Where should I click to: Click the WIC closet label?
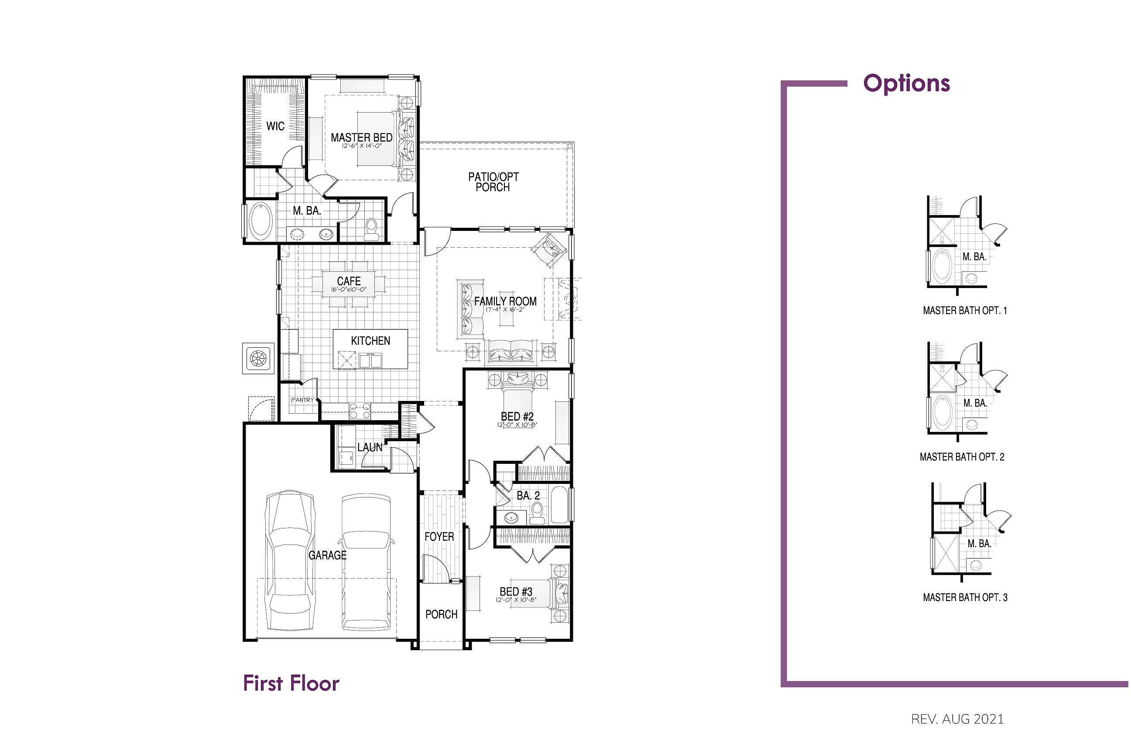[275, 127]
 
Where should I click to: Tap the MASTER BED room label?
[362, 137]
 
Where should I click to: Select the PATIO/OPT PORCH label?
[494, 182]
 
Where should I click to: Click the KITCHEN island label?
[370, 341]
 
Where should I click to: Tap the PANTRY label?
[302, 400]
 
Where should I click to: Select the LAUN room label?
[370, 447]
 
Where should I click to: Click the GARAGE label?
[327, 555]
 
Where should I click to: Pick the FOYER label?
[439, 537]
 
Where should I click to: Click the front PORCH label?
[442, 614]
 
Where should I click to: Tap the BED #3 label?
[516, 592]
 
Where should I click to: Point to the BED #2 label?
[517, 416]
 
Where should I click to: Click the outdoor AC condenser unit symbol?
[258, 358]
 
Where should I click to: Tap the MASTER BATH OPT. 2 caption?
[962, 457]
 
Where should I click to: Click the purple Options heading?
[906, 83]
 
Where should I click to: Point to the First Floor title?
[291, 683]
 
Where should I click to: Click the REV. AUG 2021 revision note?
[957, 720]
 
